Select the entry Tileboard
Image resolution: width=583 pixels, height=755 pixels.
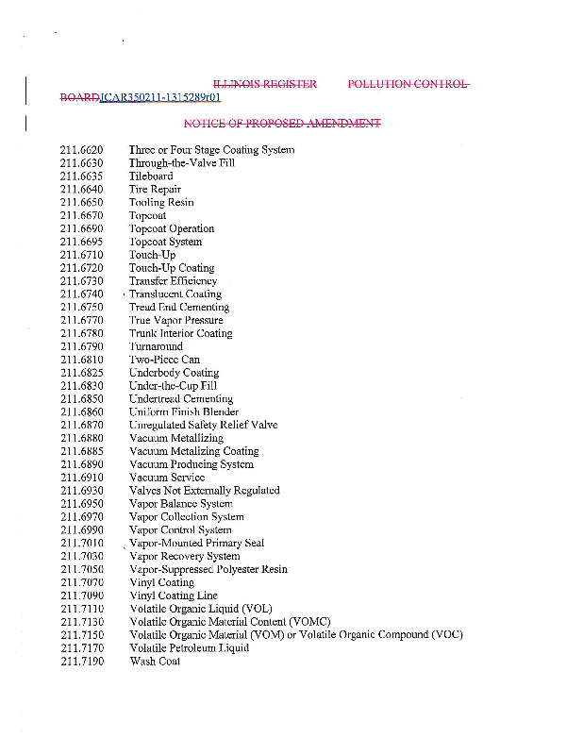tap(151, 176)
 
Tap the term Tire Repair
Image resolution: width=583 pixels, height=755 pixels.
tap(155, 190)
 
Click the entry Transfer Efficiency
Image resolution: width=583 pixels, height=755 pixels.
tap(173, 281)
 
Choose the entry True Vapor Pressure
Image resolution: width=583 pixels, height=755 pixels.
tap(175, 321)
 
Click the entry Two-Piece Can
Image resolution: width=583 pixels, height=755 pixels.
tap(164, 360)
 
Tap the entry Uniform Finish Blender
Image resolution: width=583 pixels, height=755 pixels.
tap(183, 412)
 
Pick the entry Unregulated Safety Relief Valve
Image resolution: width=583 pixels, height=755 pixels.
tap(203, 426)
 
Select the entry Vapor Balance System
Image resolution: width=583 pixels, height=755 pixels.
tap(180, 504)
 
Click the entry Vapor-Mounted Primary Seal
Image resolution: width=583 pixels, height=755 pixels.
tap(196, 544)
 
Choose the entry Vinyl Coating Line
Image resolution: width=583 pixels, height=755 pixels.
tap(173, 596)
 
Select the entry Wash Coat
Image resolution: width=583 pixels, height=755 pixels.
tap(155, 662)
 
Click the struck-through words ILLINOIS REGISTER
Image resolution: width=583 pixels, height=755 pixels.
tap(265, 85)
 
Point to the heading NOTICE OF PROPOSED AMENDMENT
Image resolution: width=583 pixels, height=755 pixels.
tap(282, 125)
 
